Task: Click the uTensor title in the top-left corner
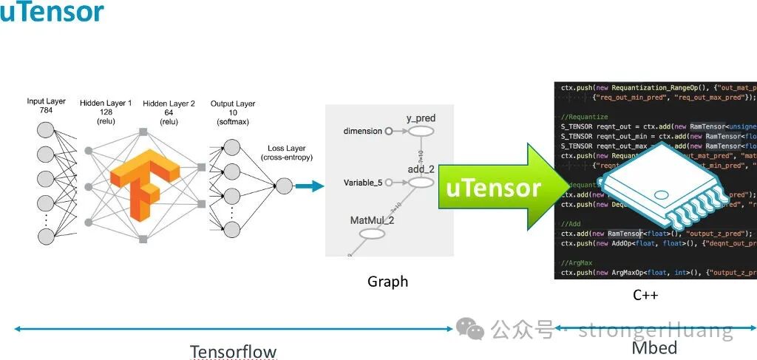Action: pyautogui.click(x=52, y=13)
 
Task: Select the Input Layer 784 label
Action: pyautogui.click(x=46, y=106)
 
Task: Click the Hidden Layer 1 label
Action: pyautogui.click(x=106, y=112)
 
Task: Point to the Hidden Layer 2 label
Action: pyautogui.click(x=169, y=112)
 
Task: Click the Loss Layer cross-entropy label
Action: pyautogui.click(x=286, y=153)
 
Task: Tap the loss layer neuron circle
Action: pyautogui.click(x=284, y=186)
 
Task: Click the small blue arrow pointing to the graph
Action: pyautogui.click(x=310, y=186)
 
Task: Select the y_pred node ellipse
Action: pyautogui.click(x=420, y=132)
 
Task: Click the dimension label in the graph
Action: pyautogui.click(x=363, y=132)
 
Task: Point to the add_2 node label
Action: pyautogui.click(x=422, y=169)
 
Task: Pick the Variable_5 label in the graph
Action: pyautogui.click(x=364, y=183)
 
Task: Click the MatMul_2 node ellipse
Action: pyautogui.click(x=372, y=234)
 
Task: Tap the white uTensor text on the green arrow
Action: pyautogui.click(x=493, y=188)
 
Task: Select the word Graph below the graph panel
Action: pyautogui.click(x=387, y=282)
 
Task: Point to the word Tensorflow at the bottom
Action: pyautogui.click(x=233, y=351)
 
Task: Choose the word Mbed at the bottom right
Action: pyautogui.click(x=654, y=347)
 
